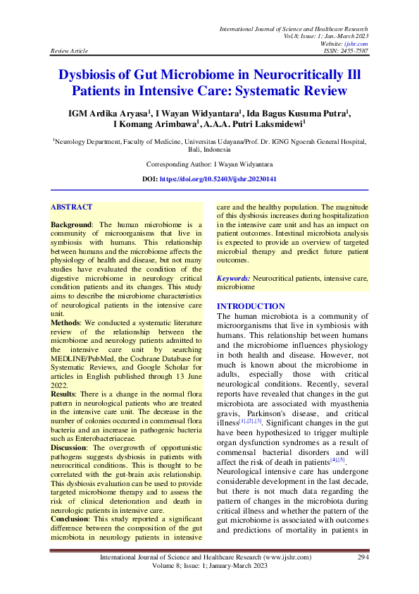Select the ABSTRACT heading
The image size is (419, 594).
(x=71, y=207)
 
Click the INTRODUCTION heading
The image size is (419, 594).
(x=251, y=306)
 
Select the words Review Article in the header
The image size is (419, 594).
(x=68, y=51)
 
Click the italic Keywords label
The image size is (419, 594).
(x=234, y=279)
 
